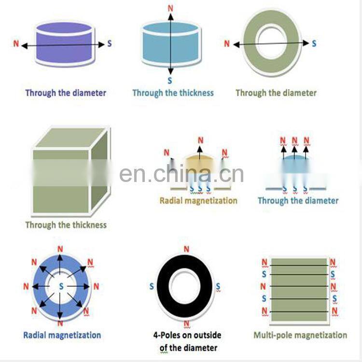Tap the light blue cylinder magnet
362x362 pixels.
170,51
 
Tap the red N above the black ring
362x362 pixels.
186,249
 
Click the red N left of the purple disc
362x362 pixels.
16,44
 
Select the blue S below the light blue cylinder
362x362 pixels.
170,81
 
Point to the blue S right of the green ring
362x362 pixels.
314,43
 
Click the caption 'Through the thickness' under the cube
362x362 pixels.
66,225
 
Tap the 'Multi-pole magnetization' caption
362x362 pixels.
300,335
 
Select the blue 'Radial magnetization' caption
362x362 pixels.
62,335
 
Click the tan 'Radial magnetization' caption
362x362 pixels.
198,200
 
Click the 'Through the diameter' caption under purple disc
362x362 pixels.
66,93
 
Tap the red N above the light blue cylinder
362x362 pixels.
170,8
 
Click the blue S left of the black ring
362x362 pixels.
152,287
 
